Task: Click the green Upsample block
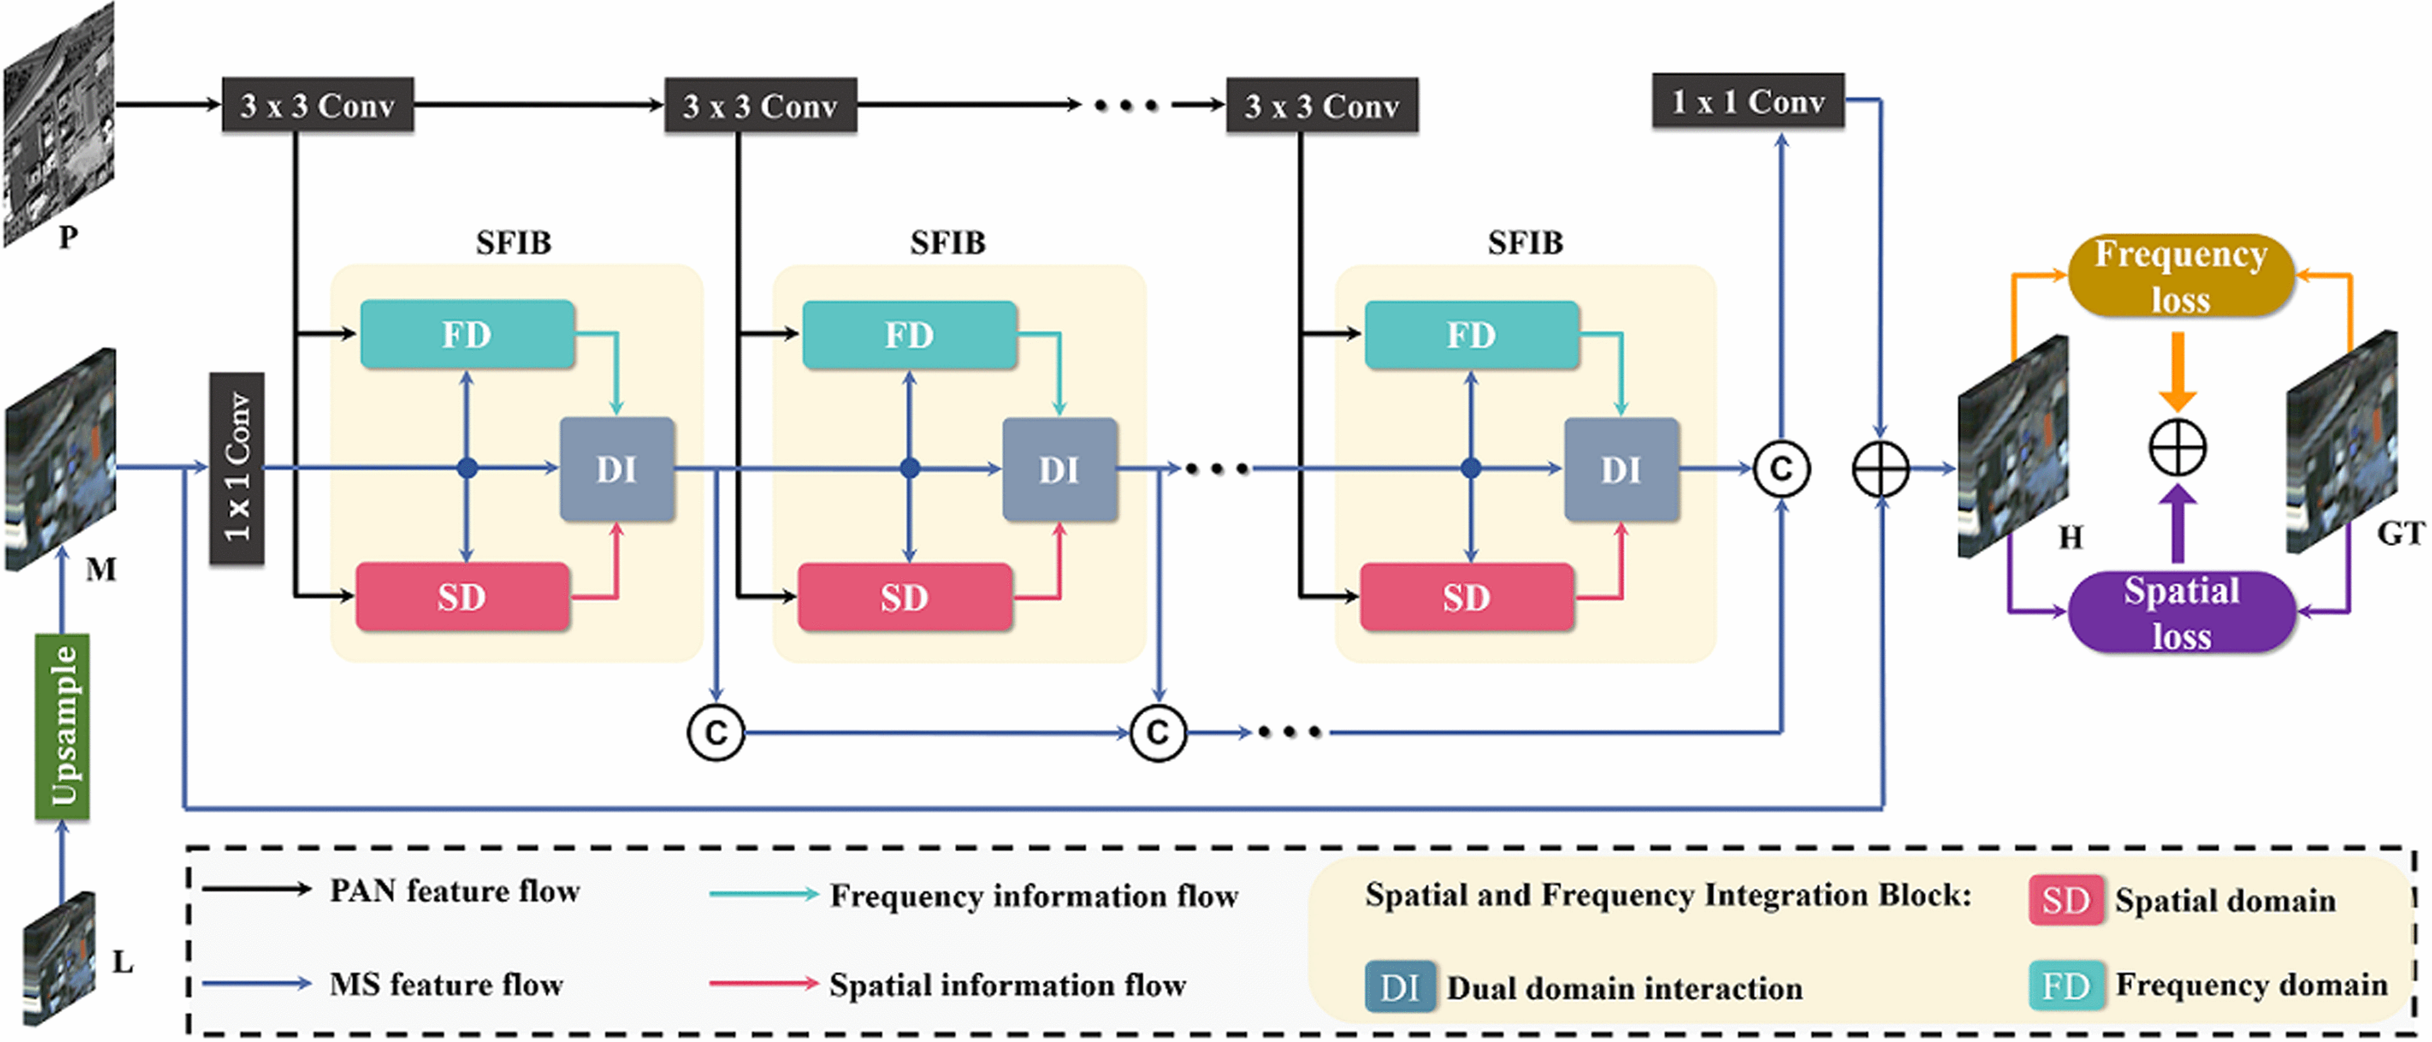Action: coord(63,725)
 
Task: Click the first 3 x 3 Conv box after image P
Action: coord(317,105)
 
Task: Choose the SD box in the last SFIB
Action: coord(1466,596)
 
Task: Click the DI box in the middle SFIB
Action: coord(1060,469)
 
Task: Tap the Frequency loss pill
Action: coord(2181,275)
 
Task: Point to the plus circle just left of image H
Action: coord(1881,469)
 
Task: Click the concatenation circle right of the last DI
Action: coord(1780,469)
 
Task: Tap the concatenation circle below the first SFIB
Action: coord(715,732)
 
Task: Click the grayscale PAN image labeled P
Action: coord(58,123)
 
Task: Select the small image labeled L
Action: coord(58,958)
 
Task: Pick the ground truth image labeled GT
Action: coord(2341,442)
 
